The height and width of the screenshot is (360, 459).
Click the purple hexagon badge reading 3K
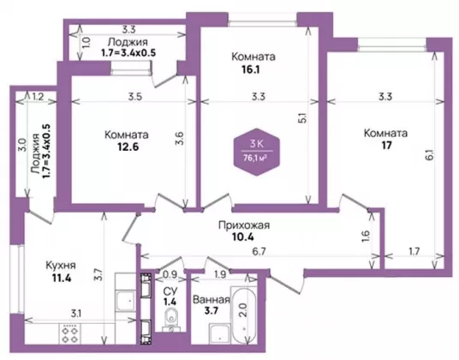point(256,152)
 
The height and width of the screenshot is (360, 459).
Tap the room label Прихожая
point(244,225)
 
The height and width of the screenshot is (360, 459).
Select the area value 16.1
point(251,69)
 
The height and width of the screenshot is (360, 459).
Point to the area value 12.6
point(128,147)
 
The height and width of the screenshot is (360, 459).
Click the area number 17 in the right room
point(386,145)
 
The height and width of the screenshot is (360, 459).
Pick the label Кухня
point(61,266)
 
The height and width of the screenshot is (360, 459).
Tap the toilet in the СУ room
point(170,319)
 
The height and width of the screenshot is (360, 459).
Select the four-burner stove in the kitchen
point(70,333)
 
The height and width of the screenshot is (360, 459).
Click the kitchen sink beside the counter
point(126,301)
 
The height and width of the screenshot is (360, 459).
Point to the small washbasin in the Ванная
point(219,333)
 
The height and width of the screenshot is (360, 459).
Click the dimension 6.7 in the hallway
point(259,251)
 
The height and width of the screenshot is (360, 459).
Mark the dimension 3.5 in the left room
point(135,96)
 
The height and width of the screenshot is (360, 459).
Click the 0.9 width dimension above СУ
point(170,274)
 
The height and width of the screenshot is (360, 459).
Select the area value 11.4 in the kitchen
point(62,278)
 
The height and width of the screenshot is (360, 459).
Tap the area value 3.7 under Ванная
point(212,310)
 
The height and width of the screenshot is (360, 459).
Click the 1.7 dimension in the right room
point(414,251)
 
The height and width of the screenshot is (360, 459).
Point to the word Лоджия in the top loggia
point(128,42)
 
